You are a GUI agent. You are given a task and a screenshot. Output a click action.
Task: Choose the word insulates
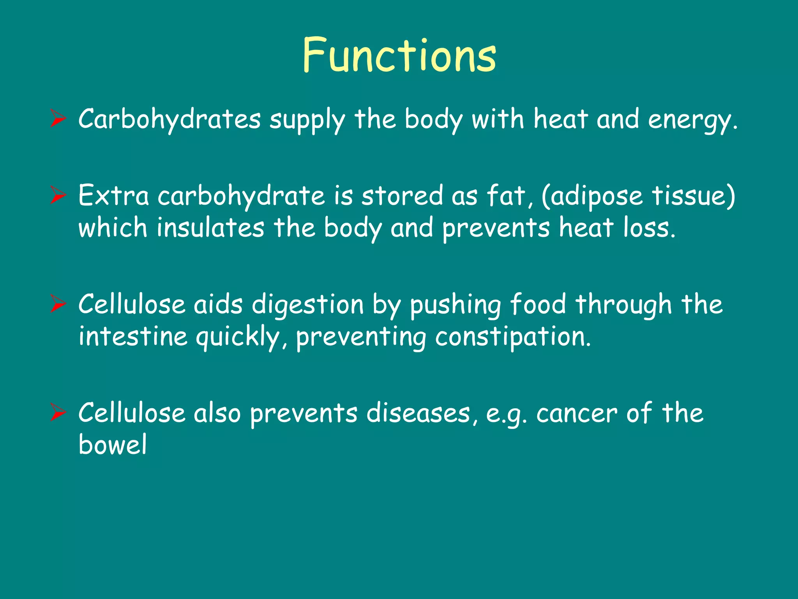pos(210,227)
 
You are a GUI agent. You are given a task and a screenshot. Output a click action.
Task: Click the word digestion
pos(307,305)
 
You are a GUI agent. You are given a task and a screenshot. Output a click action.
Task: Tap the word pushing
pos(455,305)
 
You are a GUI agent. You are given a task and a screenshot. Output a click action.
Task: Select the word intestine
pos(133,336)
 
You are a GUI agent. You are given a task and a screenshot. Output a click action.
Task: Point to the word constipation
pos(512,337)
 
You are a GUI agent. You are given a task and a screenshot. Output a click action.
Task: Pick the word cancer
pos(577,413)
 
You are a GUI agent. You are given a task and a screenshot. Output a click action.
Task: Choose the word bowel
pos(113,444)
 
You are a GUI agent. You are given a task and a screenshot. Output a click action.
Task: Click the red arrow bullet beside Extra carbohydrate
pos(58,195)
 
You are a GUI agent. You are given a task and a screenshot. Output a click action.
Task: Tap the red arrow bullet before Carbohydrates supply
pos(58,119)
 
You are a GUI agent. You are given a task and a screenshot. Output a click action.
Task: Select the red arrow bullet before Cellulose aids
pos(58,304)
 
